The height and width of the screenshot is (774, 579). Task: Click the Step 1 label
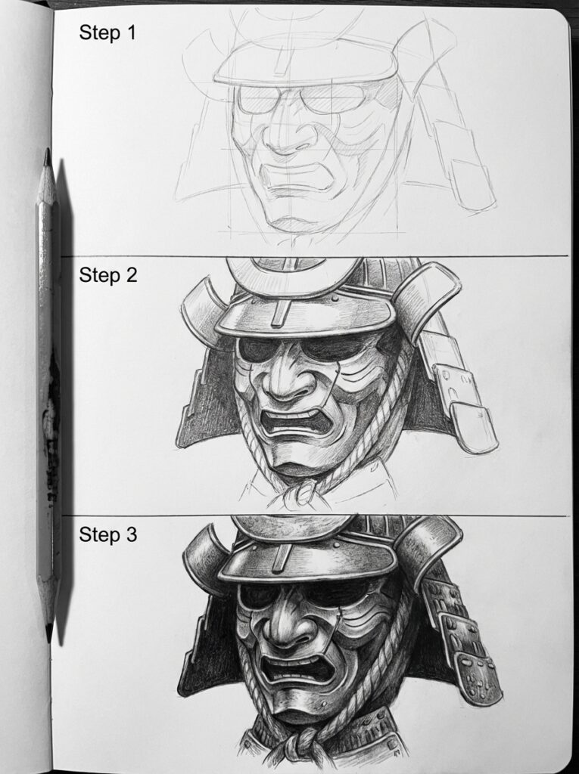(x=107, y=33)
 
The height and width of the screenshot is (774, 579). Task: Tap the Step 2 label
(x=107, y=275)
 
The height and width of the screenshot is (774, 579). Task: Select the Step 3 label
(x=107, y=535)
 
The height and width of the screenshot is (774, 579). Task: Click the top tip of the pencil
(x=47, y=152)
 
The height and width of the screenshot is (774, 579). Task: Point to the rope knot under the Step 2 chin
(x=303, y=491)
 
